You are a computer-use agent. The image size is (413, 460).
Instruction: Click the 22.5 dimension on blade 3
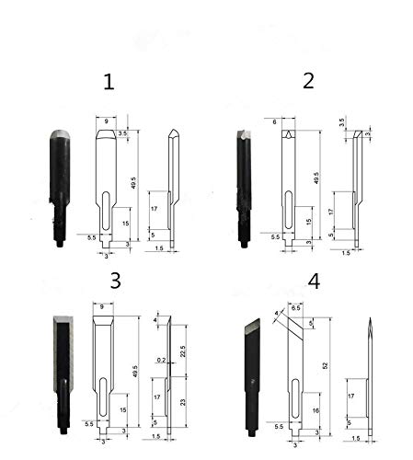click(x=183, y=351)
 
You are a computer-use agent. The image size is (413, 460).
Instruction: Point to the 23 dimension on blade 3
click(x=183, y=403)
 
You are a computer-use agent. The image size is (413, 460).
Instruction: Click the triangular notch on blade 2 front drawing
click(x=290, y=135)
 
